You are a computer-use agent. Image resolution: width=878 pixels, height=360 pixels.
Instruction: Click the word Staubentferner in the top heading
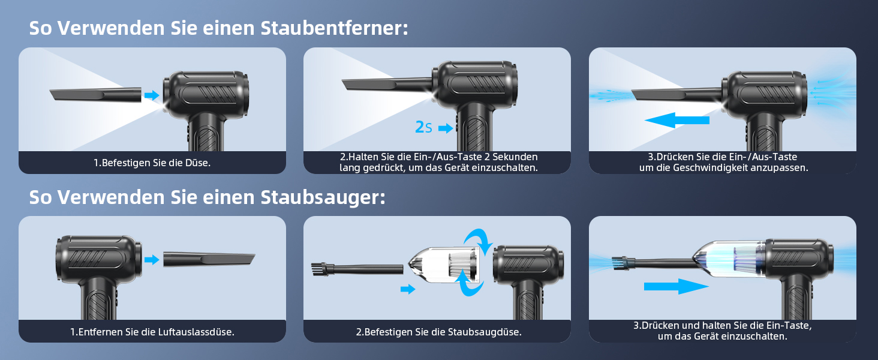(x=334, y=28)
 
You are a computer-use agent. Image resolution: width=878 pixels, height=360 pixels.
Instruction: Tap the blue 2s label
(x=423, y=127)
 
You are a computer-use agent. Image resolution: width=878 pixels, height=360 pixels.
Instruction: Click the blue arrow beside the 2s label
(x=446, y=128)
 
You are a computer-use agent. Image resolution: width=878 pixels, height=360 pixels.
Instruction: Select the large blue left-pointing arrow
(x=676, y=120)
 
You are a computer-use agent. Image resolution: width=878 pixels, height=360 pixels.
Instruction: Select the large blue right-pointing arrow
(x=676, y=287)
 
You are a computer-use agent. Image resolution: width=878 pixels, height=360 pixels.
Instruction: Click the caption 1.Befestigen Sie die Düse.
(x=152, y=163)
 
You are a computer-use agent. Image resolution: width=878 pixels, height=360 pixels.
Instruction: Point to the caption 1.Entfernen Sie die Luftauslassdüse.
(x=152, y=332)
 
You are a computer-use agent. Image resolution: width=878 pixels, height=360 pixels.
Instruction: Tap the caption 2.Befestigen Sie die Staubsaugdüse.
(x=438, y=332)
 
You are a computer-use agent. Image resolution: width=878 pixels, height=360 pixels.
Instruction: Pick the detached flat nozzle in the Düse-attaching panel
(x=95, y=95)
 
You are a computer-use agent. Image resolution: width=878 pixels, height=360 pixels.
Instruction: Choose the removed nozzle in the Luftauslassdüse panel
(x=209, y=259)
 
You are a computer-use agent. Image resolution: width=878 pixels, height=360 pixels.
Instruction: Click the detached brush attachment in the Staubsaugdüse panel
(x=357, y=269)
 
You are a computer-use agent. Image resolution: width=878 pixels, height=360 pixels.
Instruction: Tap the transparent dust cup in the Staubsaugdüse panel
(x=444, y=264)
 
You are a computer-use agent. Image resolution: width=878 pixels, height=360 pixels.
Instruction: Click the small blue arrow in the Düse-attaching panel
(x=152, y=95)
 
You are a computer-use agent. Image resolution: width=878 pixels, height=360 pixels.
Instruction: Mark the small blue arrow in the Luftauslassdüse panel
(x=152, y=260)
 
